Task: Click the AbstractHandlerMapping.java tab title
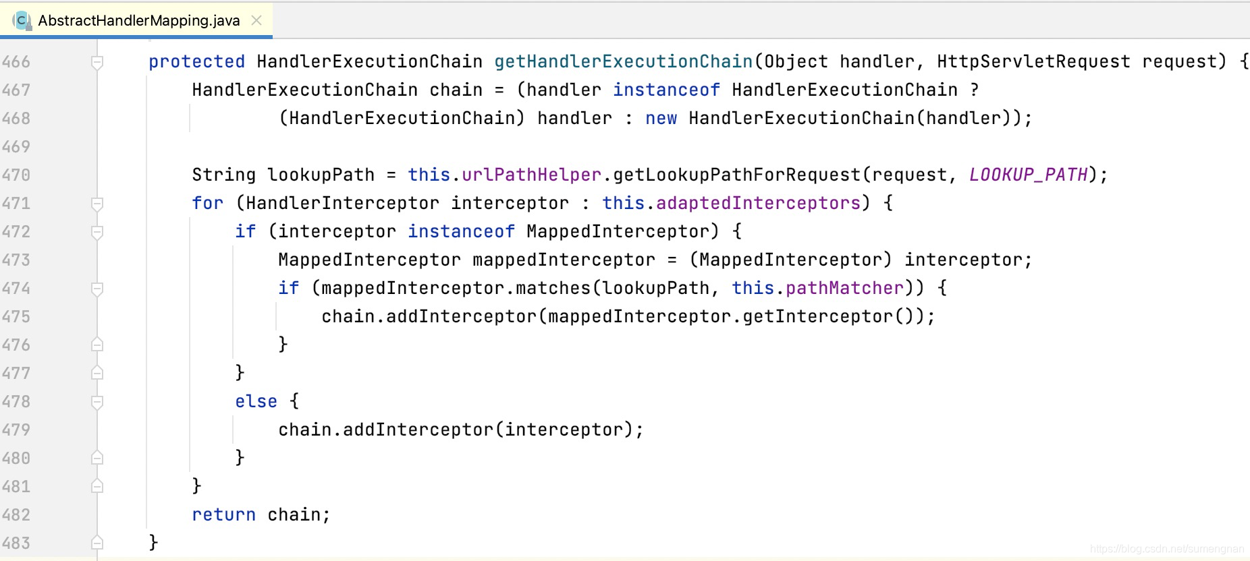click(x=138, y=20)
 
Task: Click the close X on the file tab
click(x=256, y=20)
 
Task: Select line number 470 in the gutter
click(x=16, y=175)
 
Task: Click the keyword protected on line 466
click(x=196, y=61)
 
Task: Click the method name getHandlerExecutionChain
click(x=623, y=61)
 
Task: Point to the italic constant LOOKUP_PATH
click(x=1028, y=175)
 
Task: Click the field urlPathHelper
click(x=531, y=175)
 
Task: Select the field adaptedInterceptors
click(x=758, y=203)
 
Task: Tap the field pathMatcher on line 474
click(x=844, y=288)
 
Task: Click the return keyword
click(x=223, y=514)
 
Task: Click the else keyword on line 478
click(x=256, y=401)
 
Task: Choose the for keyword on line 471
click(x=207, y=203)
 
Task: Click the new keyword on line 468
click(x=661, y=118)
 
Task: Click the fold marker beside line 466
click(x=97, y=62)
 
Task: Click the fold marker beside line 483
click(x=97, y=542)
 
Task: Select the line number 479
click(x=16, y=430)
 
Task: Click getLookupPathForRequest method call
click(x=736, y=175)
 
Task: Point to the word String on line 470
click(x=223, y=175)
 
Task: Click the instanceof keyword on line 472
click(x=461, y=231)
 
